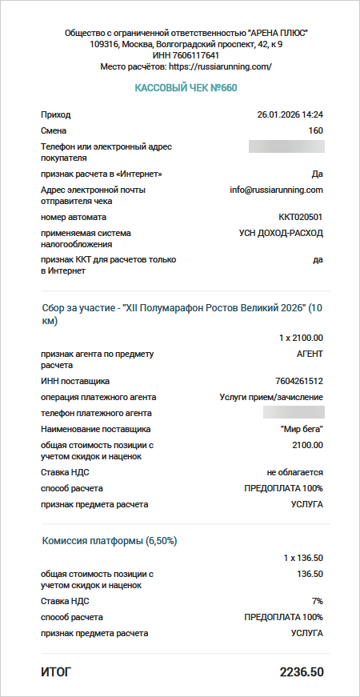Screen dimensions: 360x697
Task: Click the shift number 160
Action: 315,130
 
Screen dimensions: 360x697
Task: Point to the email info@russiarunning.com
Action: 276,190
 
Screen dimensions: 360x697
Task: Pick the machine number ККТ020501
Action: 301,218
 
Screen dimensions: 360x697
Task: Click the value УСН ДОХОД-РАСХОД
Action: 281,234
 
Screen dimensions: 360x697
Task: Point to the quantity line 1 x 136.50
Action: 303,557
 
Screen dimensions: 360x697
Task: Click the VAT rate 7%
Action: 317,601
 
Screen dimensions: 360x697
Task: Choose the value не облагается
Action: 295,473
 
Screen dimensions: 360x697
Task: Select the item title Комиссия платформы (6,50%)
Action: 109,541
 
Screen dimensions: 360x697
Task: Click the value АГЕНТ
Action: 310,353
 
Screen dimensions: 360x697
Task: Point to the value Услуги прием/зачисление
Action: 271,398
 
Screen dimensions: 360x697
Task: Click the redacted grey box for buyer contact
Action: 286,146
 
